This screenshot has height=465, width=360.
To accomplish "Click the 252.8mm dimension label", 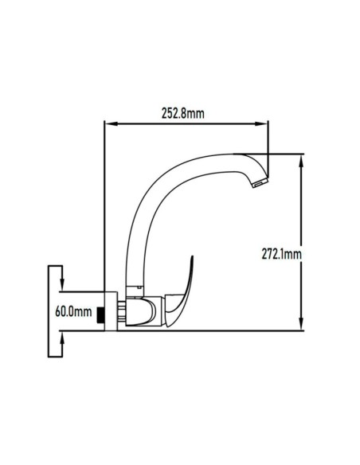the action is tap(183, 113).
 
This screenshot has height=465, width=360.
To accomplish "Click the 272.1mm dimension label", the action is tap(281, 254).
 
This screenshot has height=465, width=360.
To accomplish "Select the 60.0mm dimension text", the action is tap(73, 311).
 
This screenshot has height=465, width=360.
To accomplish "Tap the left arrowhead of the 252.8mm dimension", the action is tap(111, 124).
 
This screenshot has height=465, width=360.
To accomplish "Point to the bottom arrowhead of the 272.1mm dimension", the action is tap(301, 323).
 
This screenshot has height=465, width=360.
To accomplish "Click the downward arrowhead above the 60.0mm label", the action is tap(62, 285).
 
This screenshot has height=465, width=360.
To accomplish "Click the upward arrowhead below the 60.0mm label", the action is tap(62, 338).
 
